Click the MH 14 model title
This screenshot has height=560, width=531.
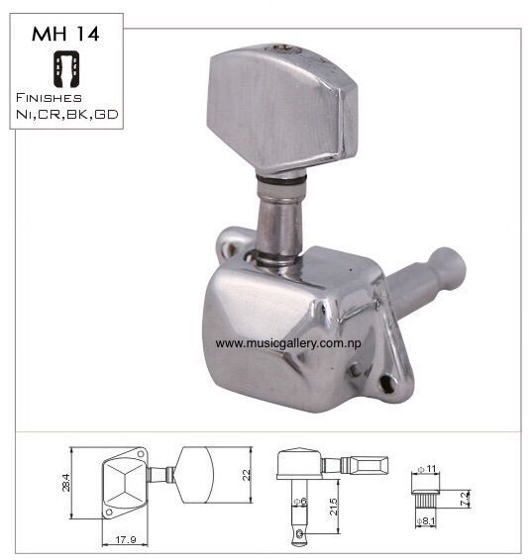coord(65,34)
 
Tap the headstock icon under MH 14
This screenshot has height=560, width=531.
coord(66,69)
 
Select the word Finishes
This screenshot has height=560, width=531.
coord(49,98)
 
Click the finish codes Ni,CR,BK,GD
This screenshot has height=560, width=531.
coord(67,115)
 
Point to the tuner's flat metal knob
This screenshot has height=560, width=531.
coord(281,109)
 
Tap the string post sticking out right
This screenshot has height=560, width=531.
coord(426,281)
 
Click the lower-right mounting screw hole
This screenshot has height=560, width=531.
coord(387,383)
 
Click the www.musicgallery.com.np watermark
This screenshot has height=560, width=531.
coord(288,343)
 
